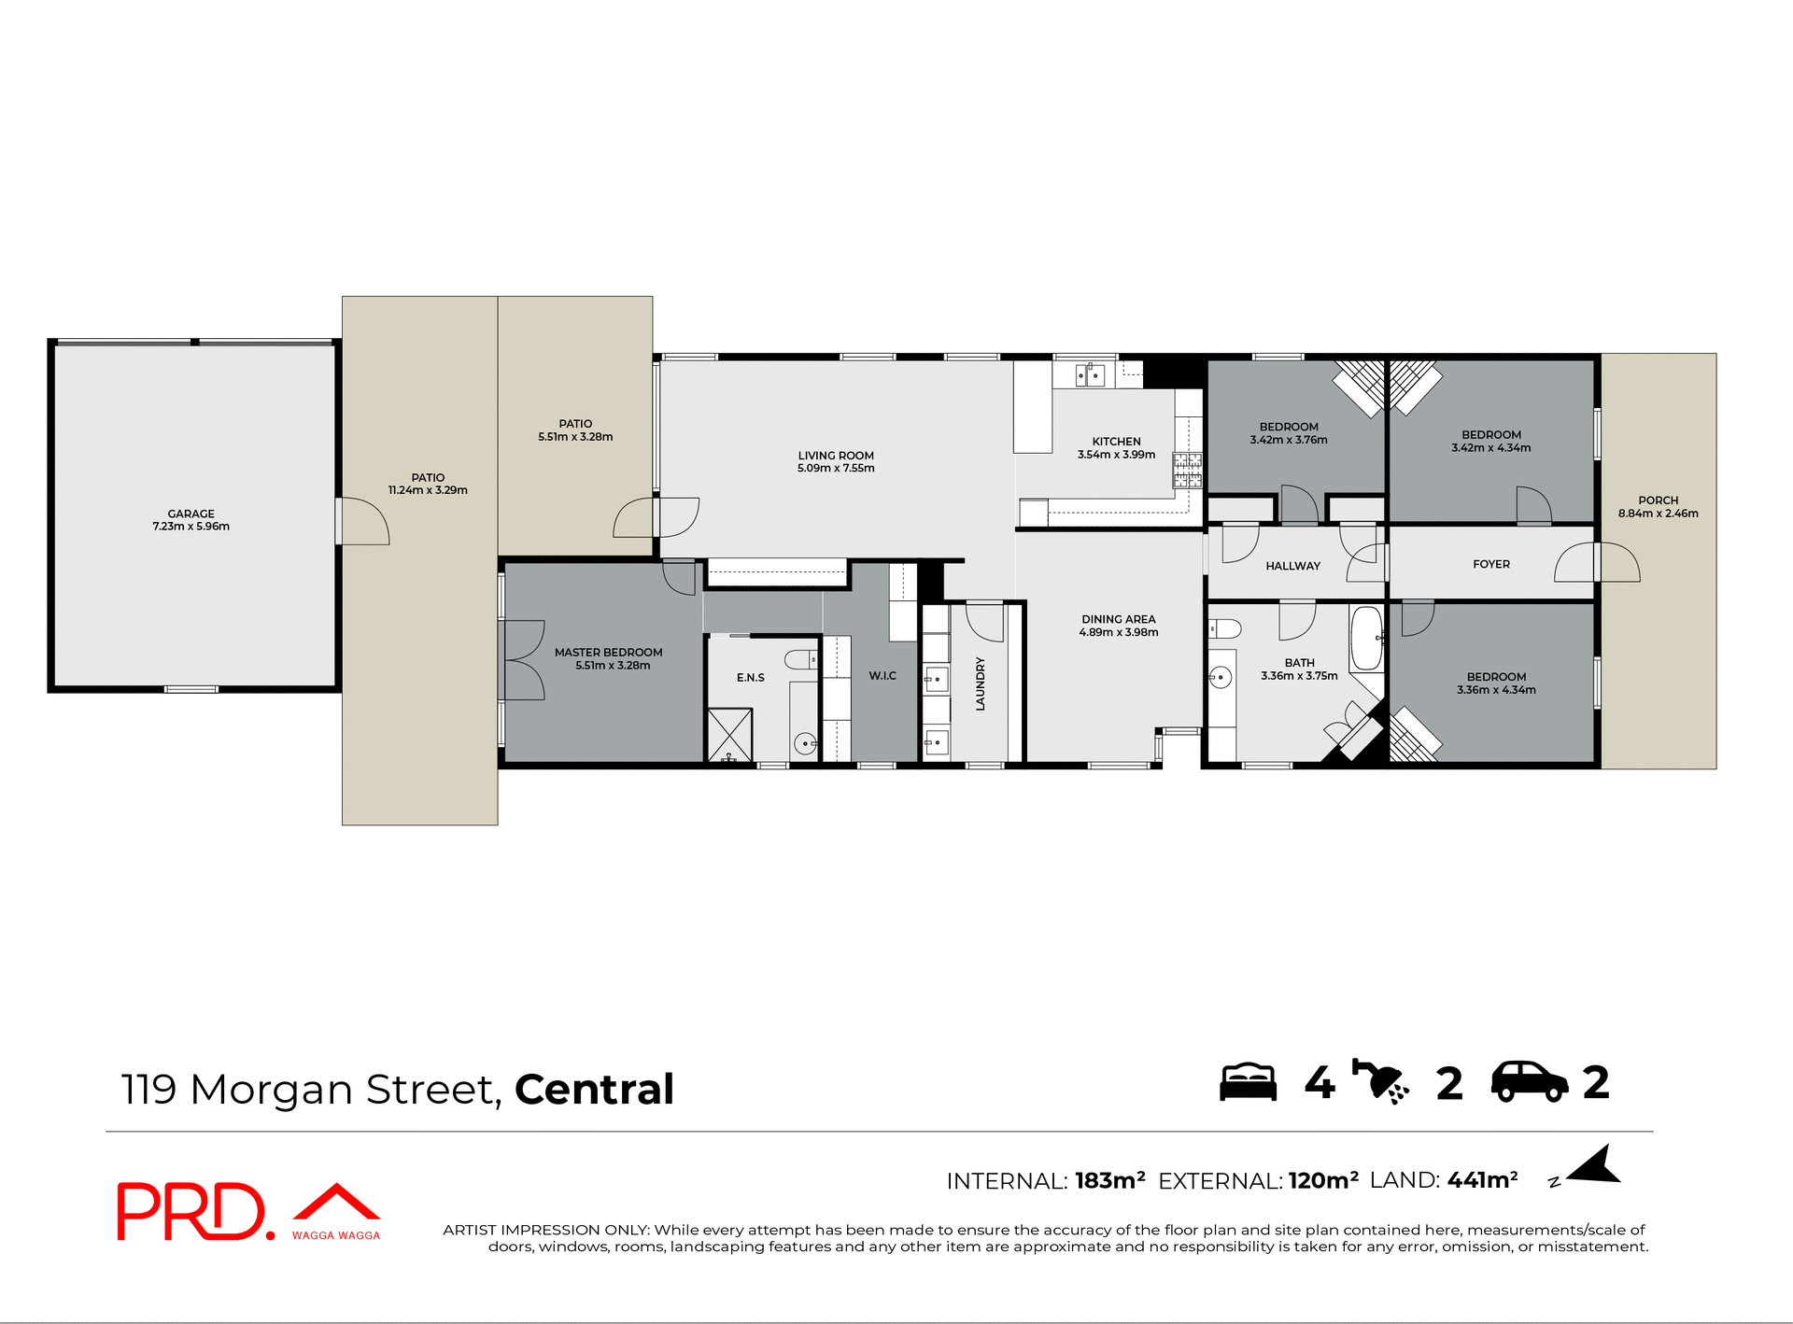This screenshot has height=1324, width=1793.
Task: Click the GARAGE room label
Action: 191,520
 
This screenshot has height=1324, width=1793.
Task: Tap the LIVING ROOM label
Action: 836,461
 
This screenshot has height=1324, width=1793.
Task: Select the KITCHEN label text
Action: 1116,448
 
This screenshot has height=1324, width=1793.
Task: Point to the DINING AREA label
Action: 1118,626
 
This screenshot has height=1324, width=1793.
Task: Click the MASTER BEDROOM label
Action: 608,658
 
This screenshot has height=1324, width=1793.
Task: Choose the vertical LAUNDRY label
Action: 981,683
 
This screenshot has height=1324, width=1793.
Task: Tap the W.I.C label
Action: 882,676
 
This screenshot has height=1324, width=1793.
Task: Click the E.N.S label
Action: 750,678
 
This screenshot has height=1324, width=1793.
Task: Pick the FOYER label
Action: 1490,564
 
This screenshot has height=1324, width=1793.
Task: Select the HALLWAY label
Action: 1292,566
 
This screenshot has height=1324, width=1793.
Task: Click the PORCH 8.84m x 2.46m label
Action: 1658,507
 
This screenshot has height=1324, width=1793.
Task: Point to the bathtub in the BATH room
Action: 1366,639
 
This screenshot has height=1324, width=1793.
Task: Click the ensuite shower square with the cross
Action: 729,735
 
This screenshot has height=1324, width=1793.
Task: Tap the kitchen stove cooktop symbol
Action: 1187,471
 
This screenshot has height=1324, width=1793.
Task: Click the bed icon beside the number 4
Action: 1248,1082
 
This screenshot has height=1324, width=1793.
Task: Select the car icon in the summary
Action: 1529,1082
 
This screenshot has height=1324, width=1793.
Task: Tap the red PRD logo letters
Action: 191,1211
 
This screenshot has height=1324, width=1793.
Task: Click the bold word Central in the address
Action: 594,1089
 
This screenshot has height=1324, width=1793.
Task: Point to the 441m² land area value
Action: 1482,1180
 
